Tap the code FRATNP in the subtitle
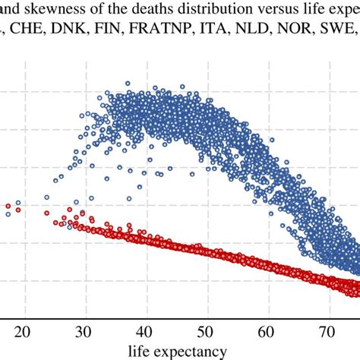tap(153, 33)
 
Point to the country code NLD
tap(239, 33)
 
